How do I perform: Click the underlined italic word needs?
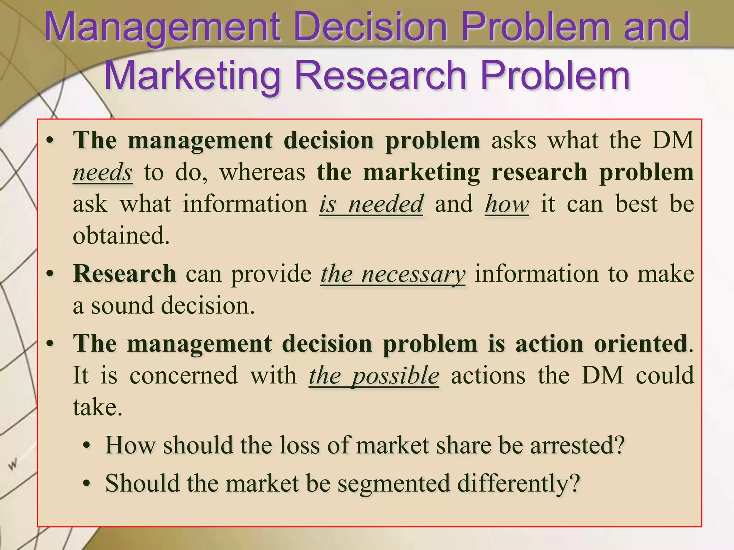pyautogui.click(x=103, y=172)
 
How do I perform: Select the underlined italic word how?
pyautogui.click(x=507, y=204)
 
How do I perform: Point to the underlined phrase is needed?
pyautogui.click(x=371, y=204)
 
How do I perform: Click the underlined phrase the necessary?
pyautogui.click(x=393, y=274)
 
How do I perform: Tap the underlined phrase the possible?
pyautogui.click(x=374, y=376)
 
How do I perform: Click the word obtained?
pyautogui.click(x=121, y=236)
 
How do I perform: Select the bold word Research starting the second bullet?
pyautogui.click(x=124, y=274)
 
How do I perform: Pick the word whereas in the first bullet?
pyautogui.click(x=262, y=172)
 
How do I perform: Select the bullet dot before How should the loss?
pyautogui.click(x=86, y=446)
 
